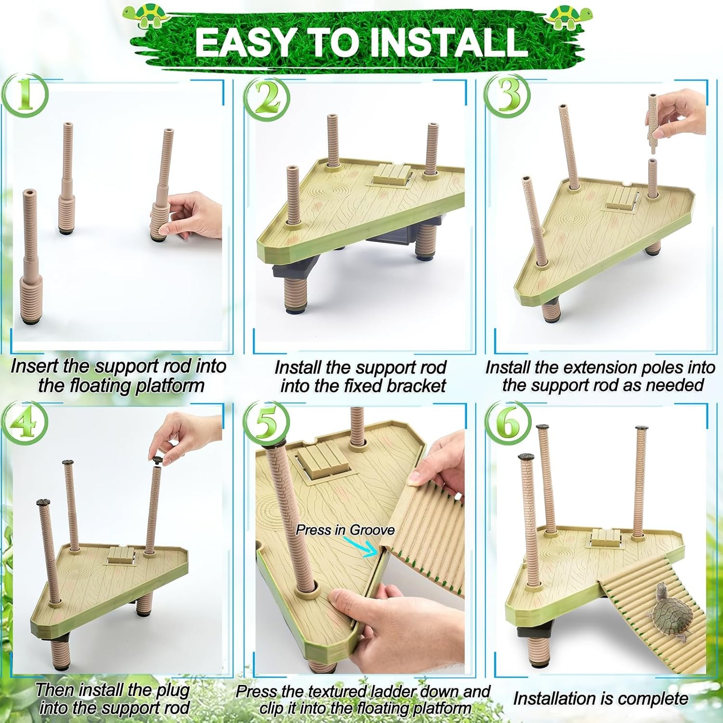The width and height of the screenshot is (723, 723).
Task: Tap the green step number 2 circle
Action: tap(267, 96)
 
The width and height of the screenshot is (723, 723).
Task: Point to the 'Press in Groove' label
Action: tap(345, 530)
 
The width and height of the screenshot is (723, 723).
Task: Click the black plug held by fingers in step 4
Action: tap(158, 459)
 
